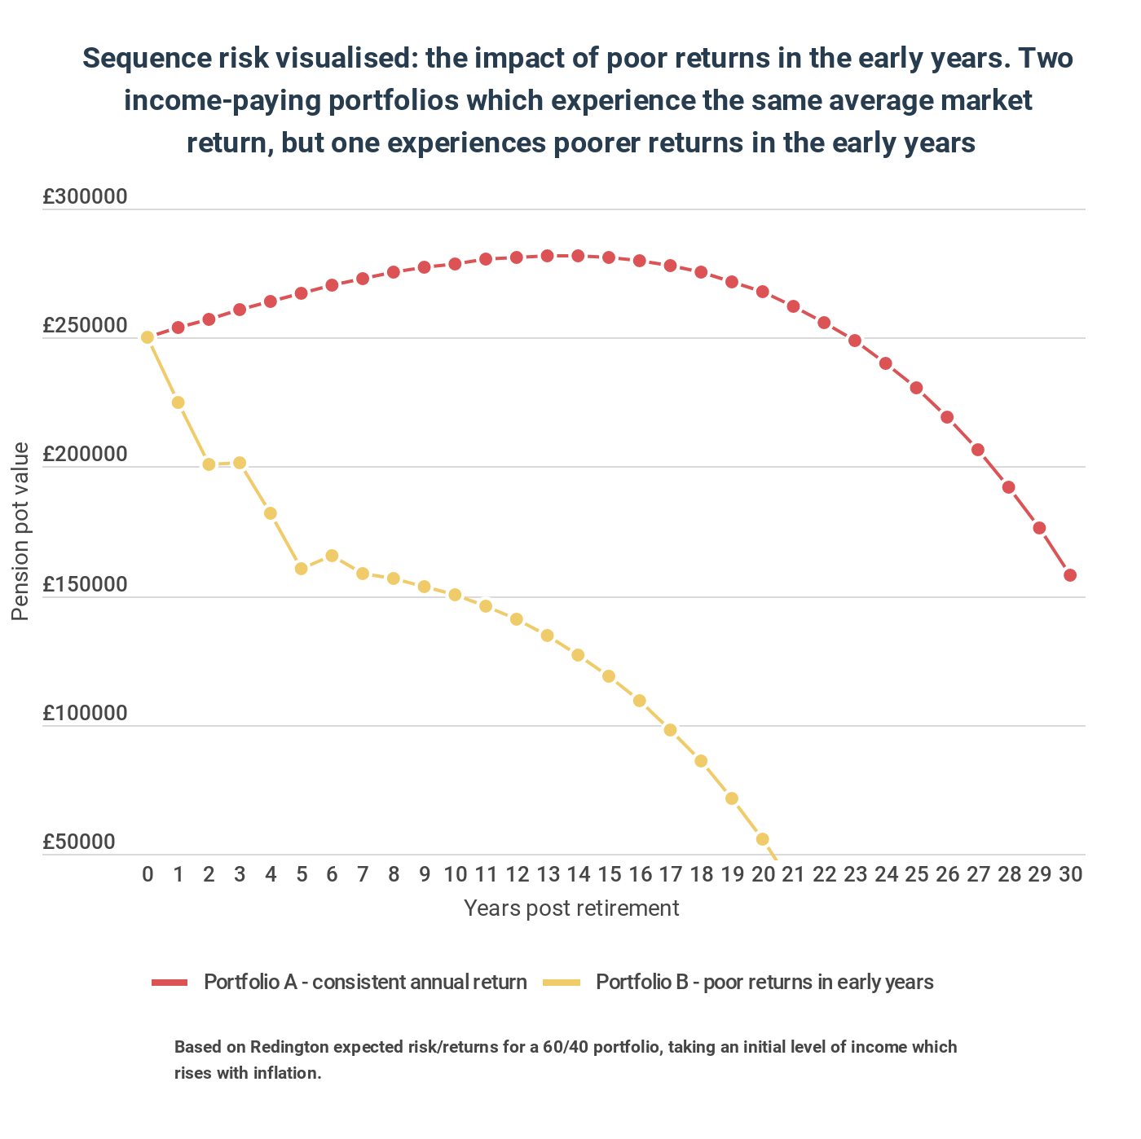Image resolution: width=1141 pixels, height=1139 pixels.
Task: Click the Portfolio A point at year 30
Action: [1070, 575]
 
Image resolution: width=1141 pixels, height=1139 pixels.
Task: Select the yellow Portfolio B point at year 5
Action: [302, 569]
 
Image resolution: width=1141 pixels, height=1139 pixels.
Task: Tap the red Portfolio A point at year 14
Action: [578, 256]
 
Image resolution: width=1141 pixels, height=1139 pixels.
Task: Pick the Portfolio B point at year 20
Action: [763, 839]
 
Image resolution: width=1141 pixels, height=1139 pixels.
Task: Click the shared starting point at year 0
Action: [148, 337]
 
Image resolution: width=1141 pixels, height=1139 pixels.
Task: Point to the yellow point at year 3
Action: [240, 463]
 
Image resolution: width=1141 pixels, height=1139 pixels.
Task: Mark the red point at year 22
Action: [824, 323]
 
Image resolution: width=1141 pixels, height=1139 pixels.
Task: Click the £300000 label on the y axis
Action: [85, 197]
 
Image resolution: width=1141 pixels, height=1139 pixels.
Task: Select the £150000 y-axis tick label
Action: [85, 585]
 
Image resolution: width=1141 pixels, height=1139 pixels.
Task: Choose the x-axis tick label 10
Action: [455, 875]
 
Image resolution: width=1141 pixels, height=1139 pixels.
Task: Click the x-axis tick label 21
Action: [793, 875]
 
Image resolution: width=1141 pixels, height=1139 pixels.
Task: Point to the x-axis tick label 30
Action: [1070, 875]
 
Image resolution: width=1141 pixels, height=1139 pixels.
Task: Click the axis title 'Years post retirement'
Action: [571, 908]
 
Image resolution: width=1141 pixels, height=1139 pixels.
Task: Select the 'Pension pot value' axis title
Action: [20, 531]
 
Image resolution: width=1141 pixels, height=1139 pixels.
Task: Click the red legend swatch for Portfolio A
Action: [170, 983]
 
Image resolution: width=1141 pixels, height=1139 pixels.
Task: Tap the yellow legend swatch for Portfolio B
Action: [562, 983]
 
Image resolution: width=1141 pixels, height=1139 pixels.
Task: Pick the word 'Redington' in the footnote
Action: [285, 1047]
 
